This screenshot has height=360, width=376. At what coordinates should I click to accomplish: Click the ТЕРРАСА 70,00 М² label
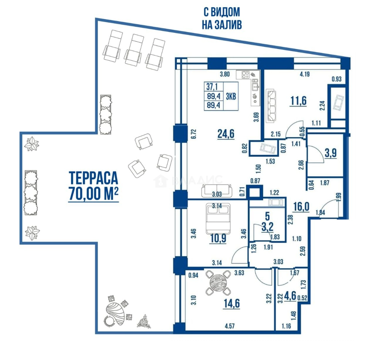click(93, 186)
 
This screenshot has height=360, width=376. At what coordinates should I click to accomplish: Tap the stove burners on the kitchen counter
click(245, 75)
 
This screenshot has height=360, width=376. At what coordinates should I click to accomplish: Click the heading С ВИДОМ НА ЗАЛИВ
click(222, 18)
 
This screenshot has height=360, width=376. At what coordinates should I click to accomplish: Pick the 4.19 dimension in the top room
click(304, 74)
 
